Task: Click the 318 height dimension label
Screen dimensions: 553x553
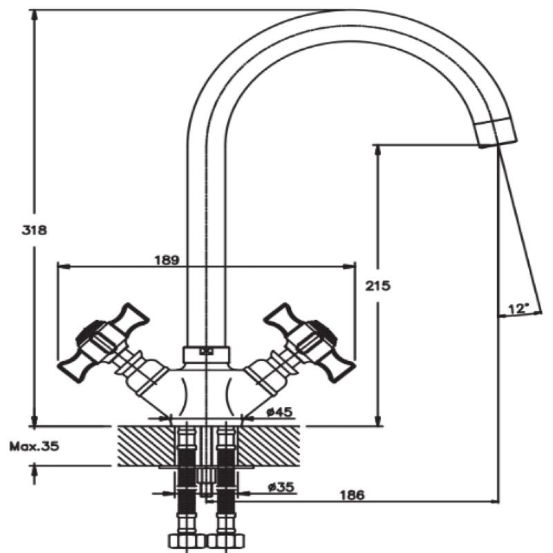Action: [x=34, y=230]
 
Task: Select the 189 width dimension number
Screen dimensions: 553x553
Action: [x=167, y=261]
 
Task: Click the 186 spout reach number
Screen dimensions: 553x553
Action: [x=351, y=495]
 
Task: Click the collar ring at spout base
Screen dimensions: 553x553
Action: [x=205, y=355]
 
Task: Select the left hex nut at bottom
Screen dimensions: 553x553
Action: [x=183, y=540]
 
